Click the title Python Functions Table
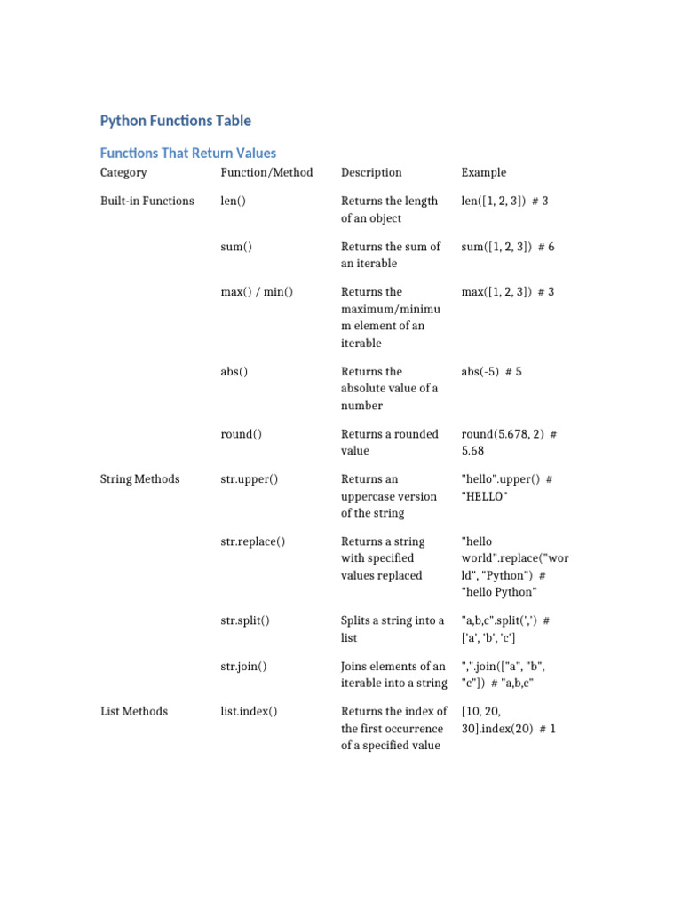(175, 121)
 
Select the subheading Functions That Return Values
(187, 153)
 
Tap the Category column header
(123, 172)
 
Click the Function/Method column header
(266, 172)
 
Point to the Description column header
(371, 172)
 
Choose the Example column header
(484, 172)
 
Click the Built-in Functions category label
(147, 201)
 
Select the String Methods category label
(139, 479)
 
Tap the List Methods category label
(133, 711)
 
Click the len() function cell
(233, 201)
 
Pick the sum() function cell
(236, 247)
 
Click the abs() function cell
(234, 372)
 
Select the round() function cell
(242, 434)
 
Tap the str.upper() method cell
(249, 479)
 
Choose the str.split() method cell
(245, 620)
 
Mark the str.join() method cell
(243, 666)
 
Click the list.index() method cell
(249, 711)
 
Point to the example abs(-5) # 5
(491, 372)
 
